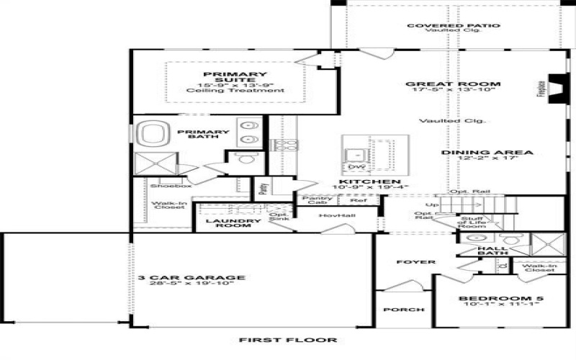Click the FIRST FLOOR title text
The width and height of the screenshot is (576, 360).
pyautogui.click(x=287, y=340)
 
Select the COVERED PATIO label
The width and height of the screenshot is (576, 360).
pyautogui.click(x=453, y=27)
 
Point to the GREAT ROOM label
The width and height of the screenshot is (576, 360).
pyautogui.click(x=453, y=84)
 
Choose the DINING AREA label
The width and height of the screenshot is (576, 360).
pyautogui.click(x=487, y=153)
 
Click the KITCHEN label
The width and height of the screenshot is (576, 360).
pyautogui.click(x=369, y=181)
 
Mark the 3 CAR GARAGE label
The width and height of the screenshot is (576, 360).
pyautogui.click(x=192, y=277)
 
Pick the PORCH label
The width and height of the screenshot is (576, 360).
pyautogui.click(x=404, y=310)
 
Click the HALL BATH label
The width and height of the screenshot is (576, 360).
pyautogui.click(x=492, y=251)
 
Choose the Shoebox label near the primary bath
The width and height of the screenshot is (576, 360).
pyautogui.click(x=165, y=186)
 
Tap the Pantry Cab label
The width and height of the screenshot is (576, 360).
pyautogui.click(x=317, y=200)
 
